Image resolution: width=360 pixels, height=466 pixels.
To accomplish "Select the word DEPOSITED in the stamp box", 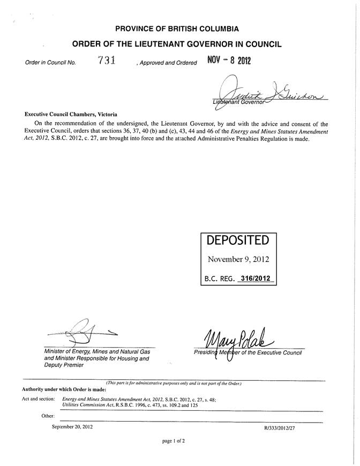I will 238,242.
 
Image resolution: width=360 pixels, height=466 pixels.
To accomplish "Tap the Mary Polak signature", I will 239,337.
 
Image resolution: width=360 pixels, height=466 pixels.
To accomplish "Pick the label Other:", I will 48,416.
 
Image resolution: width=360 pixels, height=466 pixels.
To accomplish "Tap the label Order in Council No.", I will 50,63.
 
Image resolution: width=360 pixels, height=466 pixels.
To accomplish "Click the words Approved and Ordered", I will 167,63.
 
